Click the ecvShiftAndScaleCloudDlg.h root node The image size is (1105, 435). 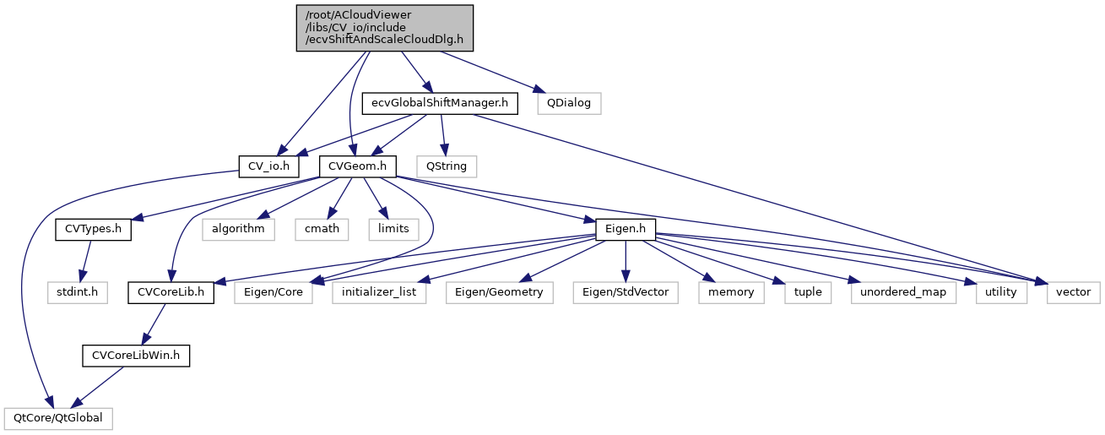coord(384,28)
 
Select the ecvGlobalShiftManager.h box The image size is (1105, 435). coord(439,103)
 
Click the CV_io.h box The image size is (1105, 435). coord(268,166)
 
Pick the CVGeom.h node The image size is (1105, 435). coord(358,166)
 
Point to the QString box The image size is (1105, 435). coord(447,166)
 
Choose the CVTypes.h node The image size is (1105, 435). coord(93,229)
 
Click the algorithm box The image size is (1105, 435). coord(237,229)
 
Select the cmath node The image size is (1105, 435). coord(322,229)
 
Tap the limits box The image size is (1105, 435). coord(393,229)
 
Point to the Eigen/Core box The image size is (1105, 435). coord(274,292)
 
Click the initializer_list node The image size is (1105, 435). coord(379,292)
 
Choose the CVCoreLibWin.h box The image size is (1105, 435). coord(136,356)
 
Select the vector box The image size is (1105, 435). coord(1074,292)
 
